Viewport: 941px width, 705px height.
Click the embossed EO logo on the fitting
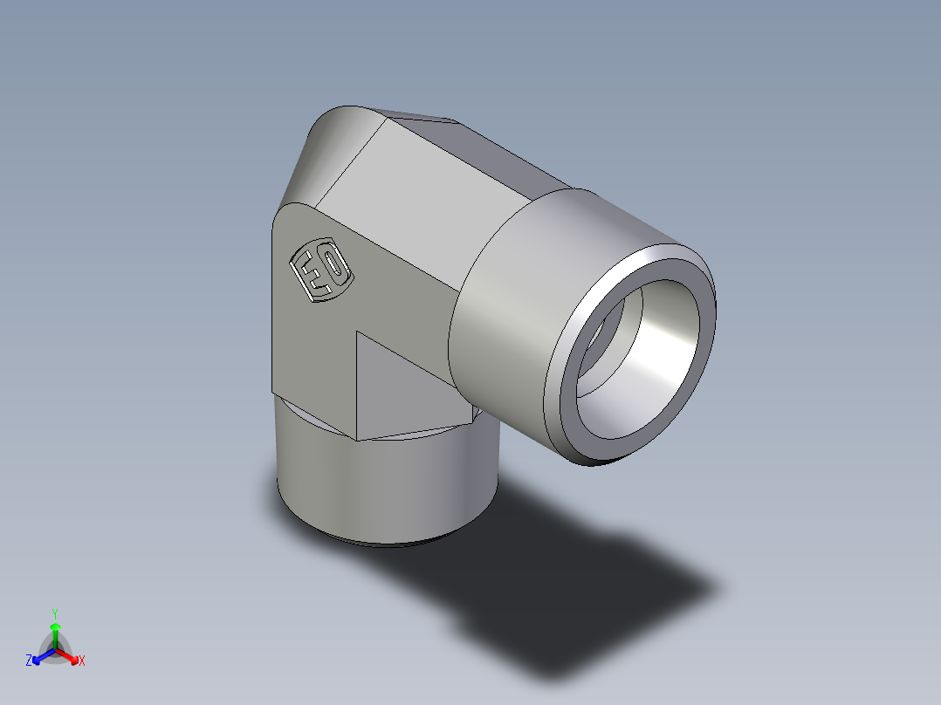point(320,270)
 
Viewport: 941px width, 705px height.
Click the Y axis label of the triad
point(54,613)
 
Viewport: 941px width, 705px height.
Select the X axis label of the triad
point(82,661)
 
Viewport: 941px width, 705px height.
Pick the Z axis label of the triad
point(29,661)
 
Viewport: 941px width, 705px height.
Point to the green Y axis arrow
point(55,632)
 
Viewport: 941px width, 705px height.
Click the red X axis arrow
point(71,656)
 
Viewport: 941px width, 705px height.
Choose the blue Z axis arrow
point(39,656)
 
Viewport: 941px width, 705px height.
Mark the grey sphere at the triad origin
point(55,650)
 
